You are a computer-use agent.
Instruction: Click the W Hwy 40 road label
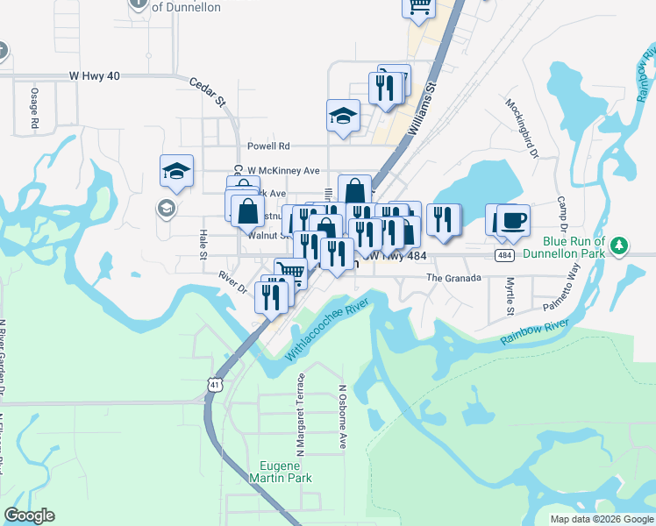point(94,76)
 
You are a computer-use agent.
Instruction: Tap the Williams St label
point(424,111)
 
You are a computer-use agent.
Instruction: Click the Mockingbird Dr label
point(521,128)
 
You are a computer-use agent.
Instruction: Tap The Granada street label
point(453,278)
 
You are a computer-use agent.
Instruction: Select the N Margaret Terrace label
point(301,414)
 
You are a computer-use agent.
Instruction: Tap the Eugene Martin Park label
point(280,472)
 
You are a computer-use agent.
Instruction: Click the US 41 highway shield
point(215,384)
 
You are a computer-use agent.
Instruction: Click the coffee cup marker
point(513,219)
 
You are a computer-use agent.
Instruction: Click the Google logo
point(30,515)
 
